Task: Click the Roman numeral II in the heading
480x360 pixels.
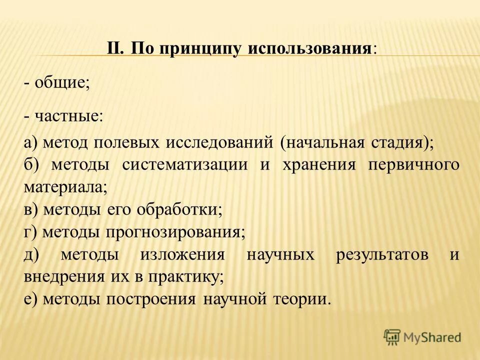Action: pyautogui.click(x=115, y=48)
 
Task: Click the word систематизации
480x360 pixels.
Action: pyautogui.click(x=184, y=165)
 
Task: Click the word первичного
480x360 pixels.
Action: pyautogui.click(x=413, y=165)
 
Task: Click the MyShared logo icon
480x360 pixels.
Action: pyautogui.click(x=392, y=336)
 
